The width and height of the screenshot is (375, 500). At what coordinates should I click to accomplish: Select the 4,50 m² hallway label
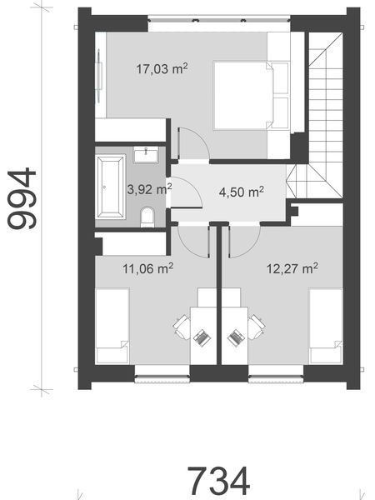[241, 192]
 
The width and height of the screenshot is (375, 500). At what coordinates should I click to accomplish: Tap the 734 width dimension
[218, 479]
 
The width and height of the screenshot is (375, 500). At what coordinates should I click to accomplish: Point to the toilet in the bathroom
[147, 217]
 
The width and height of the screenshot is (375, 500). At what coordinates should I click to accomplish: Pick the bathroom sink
[151, 152]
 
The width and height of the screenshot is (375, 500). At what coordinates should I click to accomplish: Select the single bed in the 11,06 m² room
[112, 326]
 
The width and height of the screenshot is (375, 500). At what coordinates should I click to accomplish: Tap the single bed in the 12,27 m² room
[324, 326]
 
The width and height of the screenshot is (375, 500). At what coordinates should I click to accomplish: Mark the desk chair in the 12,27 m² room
[254, 326]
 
